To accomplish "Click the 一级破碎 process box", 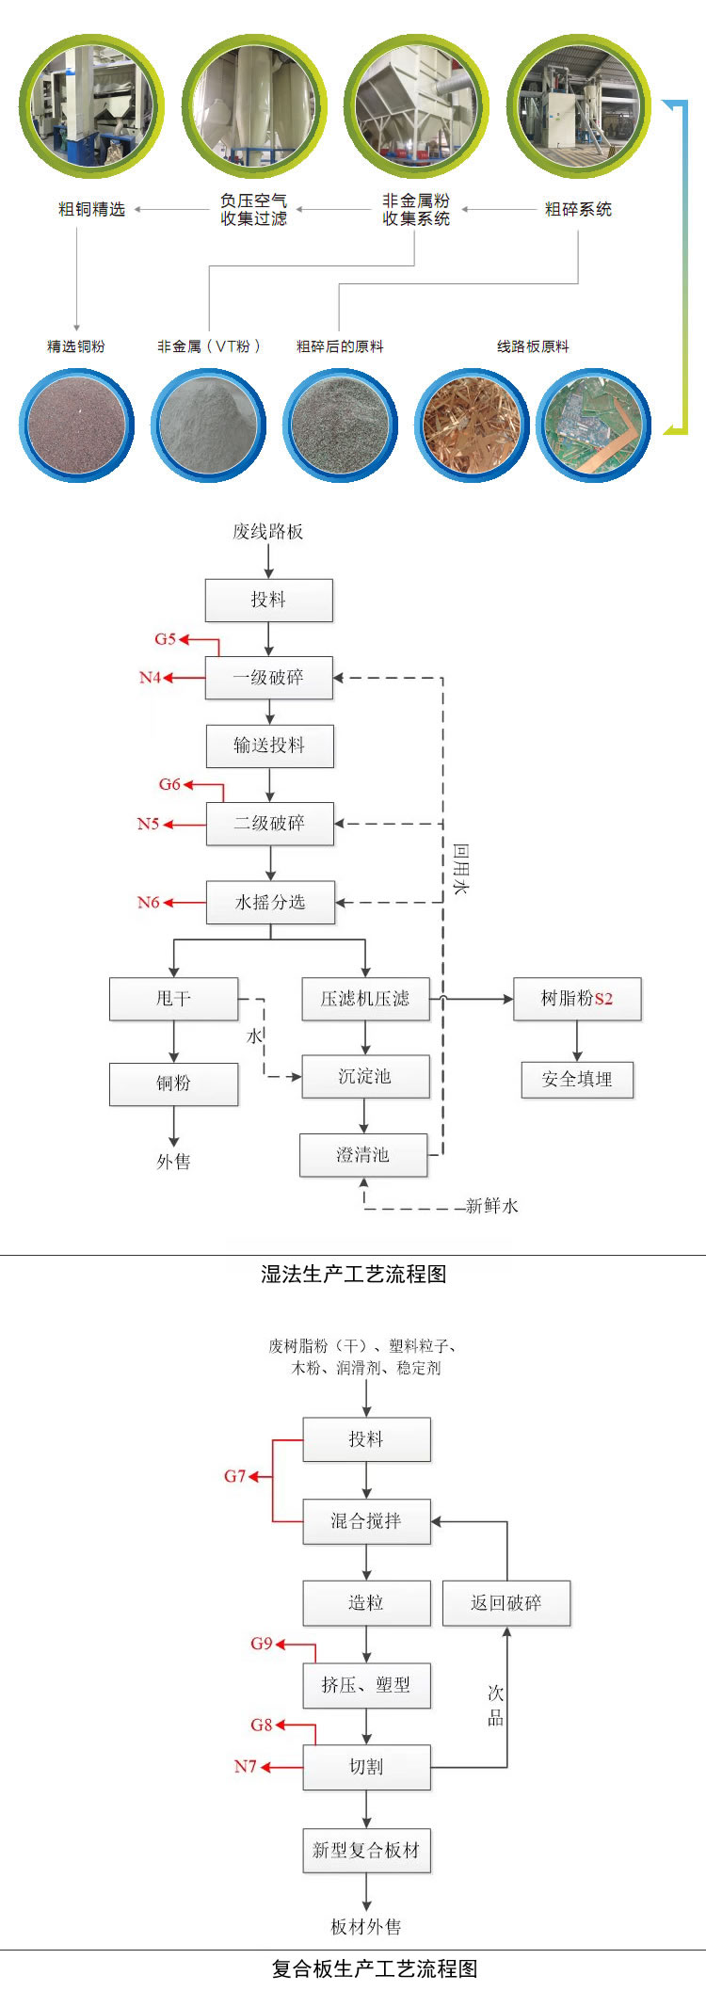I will click(x=269, y=678).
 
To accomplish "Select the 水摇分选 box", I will click(x=270, y=902).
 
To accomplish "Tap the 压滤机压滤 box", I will click(x=365, y=999).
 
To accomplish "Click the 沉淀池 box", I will click(x=365, y=1076).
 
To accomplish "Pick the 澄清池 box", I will click(x=363, y=1155).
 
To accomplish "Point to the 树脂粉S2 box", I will click(x=577, y=999).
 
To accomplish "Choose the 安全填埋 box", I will click(x=577, y=1080).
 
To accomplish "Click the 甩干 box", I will click(x=173, y=999).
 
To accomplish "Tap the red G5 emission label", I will click(x=165, y=639).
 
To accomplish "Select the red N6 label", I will click(x=149, y=902).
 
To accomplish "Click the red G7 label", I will click(x=234, y=1476).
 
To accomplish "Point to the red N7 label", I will click(x=245, y=1767).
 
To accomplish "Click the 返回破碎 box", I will click(x=506, y=1603).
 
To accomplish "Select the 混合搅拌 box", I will click(x=366, y=1521).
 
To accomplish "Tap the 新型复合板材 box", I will click(x=366, y=1850).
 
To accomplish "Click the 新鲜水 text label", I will click(x=492, y=1206).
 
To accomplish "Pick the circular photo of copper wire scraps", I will click(x=472, y=425).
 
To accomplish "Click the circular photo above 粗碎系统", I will click(x=579, y=105).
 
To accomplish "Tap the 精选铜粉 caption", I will click(x=76, y=346).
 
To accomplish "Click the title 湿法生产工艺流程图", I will click(x=353, y=1274).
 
